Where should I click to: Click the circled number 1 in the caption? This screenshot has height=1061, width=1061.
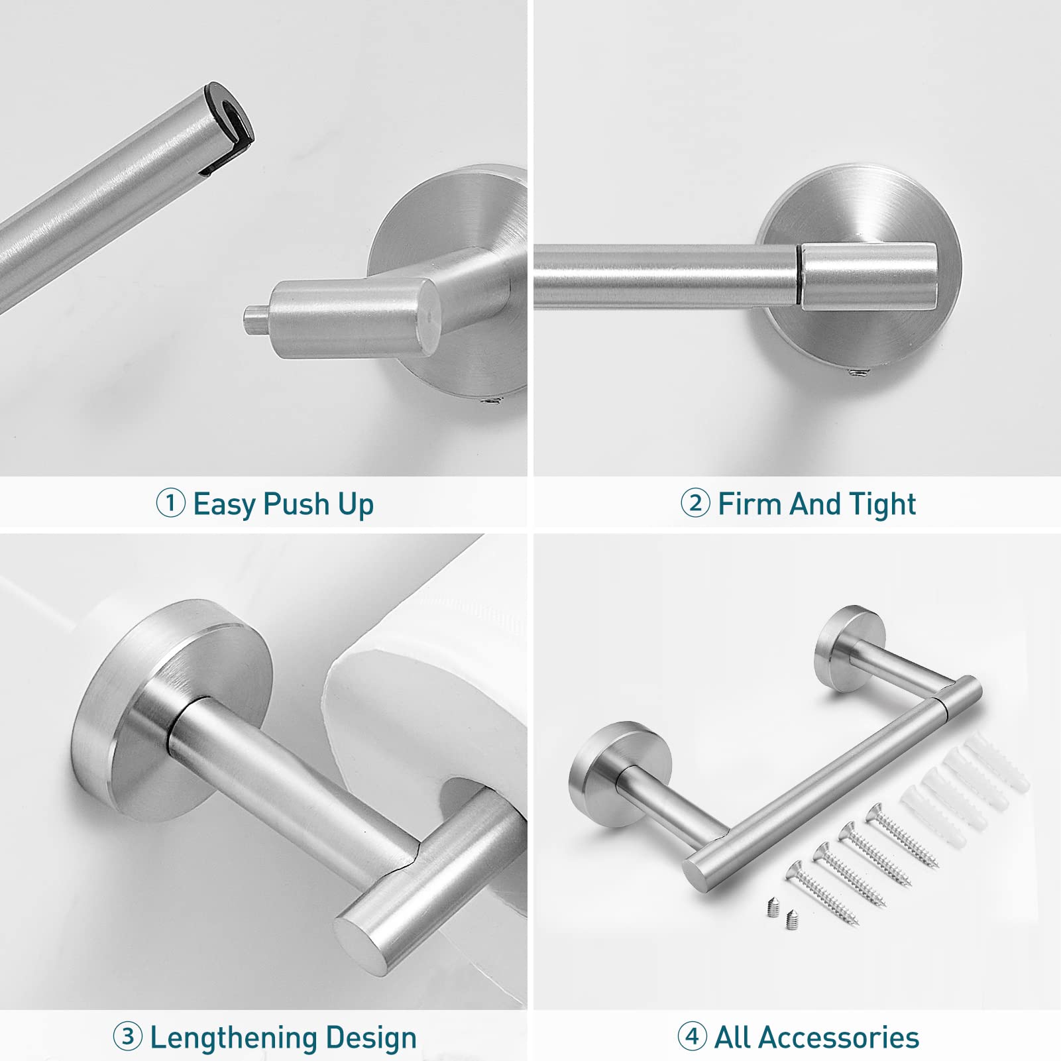170,503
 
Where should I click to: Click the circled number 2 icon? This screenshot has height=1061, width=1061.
695,503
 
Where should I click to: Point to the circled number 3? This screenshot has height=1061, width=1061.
127,1036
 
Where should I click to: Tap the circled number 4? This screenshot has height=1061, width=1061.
692,1036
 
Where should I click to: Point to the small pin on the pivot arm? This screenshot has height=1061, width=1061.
254,319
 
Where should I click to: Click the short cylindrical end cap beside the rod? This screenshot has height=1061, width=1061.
869,276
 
